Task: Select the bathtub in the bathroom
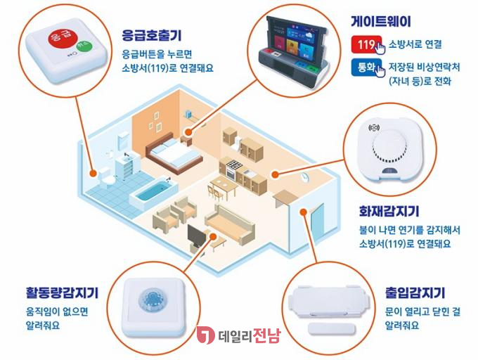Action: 152,189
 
